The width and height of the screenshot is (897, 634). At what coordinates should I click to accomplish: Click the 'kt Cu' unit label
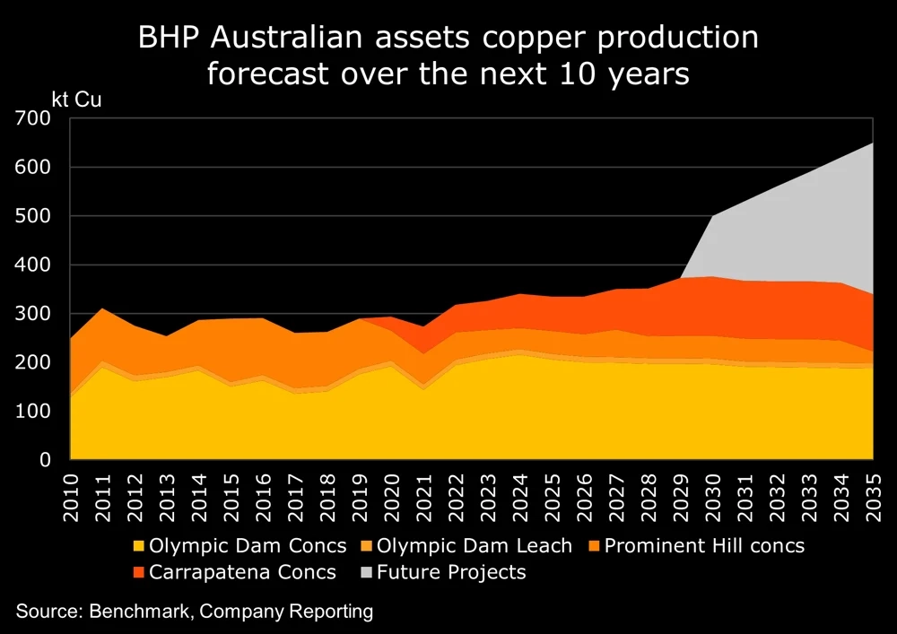(x=77, y=99)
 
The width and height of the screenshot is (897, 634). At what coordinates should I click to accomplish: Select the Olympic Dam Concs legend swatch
(x=138, y=545)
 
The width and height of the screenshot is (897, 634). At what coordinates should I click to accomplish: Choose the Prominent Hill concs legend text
(x=704, y=545)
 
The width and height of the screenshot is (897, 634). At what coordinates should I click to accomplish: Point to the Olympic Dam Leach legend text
(x=475, y=545)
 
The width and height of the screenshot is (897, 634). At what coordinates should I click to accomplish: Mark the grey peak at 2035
(x=873, y=144)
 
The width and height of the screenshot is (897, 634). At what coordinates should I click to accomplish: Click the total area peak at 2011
(x=102, y=309)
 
